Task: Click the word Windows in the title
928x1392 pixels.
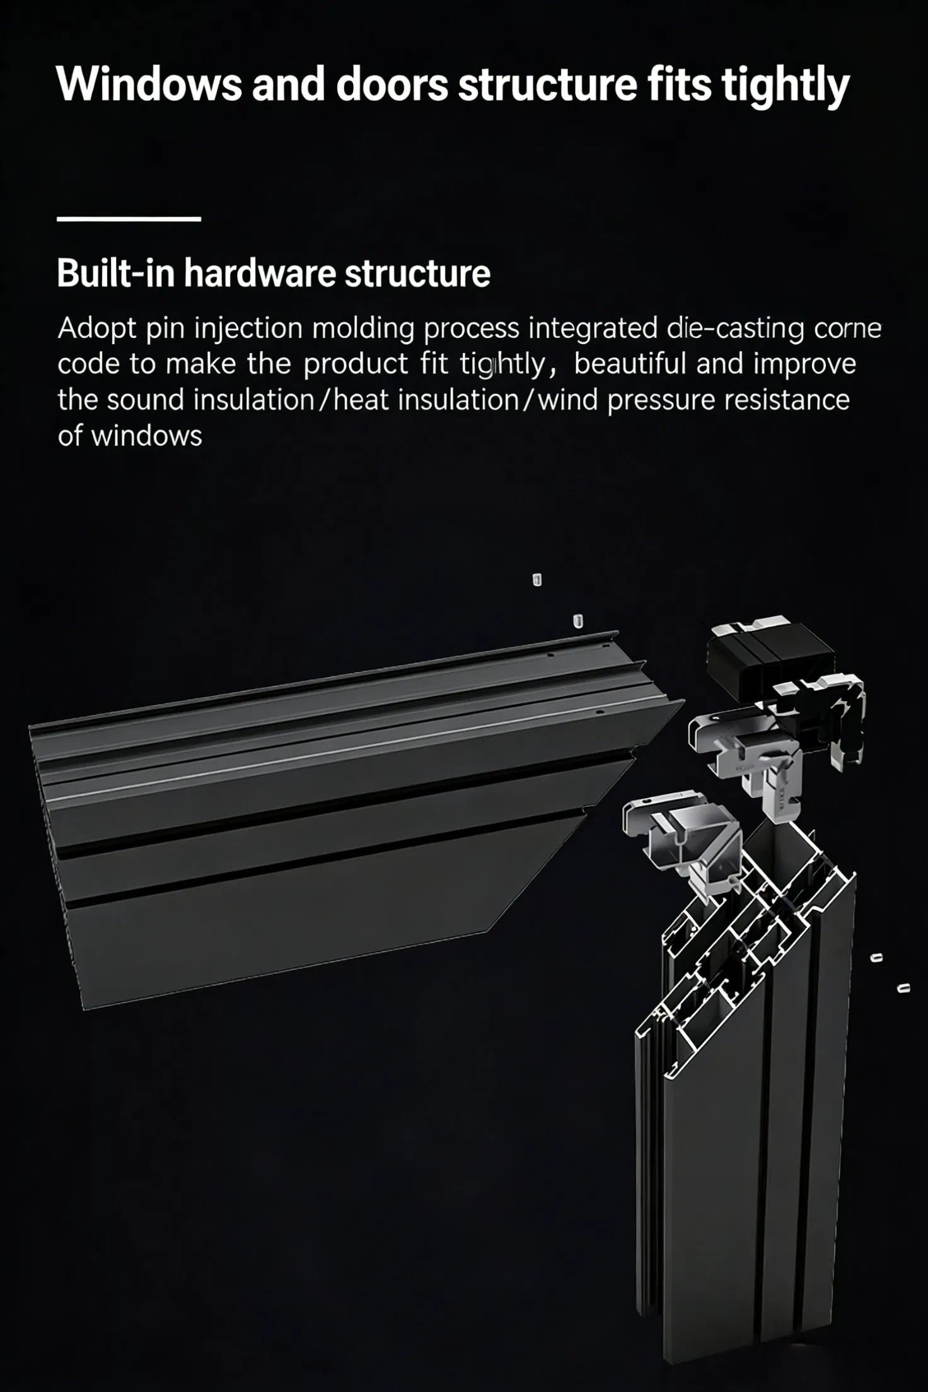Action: click(149, 84)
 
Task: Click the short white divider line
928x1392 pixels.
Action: click(129, 219)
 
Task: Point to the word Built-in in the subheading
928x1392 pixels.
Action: click(115, 274)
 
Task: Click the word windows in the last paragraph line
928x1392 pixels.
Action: click(147, 436)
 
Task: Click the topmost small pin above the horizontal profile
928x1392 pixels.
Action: click(537, 580)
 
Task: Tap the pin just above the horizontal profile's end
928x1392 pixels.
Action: click(577, 621)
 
